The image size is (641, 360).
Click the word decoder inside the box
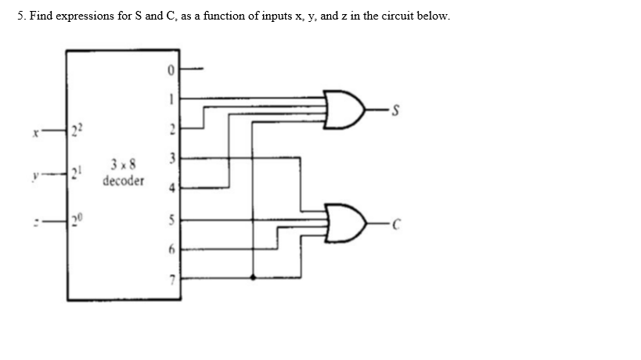(123, 181)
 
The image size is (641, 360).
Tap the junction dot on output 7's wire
(252, 277)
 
